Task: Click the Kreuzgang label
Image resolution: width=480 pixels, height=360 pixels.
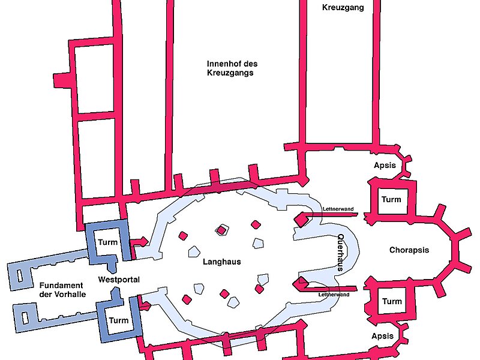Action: coord(343,8)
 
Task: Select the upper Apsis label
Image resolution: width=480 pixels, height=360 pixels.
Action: coord(385,165)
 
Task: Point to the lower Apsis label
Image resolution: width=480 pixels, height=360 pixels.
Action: coord(383,336)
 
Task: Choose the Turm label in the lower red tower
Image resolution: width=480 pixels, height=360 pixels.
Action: coord(392,301)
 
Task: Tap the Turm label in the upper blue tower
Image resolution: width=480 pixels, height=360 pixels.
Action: coord(108,242)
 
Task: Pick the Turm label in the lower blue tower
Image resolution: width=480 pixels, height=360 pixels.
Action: coord(118,320)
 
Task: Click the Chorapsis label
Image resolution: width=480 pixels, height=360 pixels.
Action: coord(409,250)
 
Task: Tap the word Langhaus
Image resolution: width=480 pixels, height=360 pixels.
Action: coord(222,262)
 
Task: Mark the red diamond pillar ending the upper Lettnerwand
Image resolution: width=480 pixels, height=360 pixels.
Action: coord(301,221)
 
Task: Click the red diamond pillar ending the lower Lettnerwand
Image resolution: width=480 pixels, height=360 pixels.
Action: coord(299,283)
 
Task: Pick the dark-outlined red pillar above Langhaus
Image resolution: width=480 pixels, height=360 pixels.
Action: coord(222,230)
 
